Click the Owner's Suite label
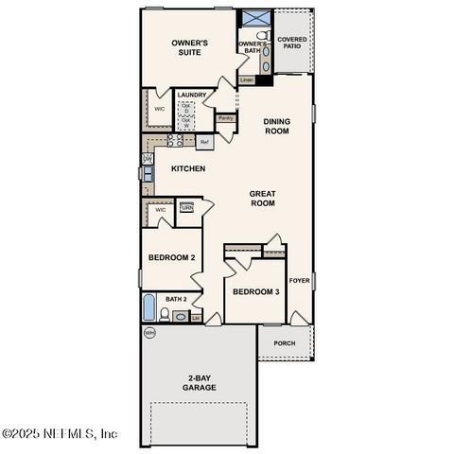tap(188, 49)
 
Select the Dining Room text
tap(276, 127)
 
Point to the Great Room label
tap(262, 199)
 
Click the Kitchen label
tap(188, 168)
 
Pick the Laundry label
tap(192, 95)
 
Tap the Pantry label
tap(226, 118)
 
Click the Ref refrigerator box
tap(203, 143)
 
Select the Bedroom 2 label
tap(171, 257)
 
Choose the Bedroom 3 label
tap(256, 291)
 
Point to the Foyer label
tap(299, 281)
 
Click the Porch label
tap(284, 343)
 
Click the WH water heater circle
tap(149, 333)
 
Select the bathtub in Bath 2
tap(149, 307)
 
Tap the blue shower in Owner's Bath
tap(254, 18)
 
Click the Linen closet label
tap(247, 80)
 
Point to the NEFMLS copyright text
tap(60, 434)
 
